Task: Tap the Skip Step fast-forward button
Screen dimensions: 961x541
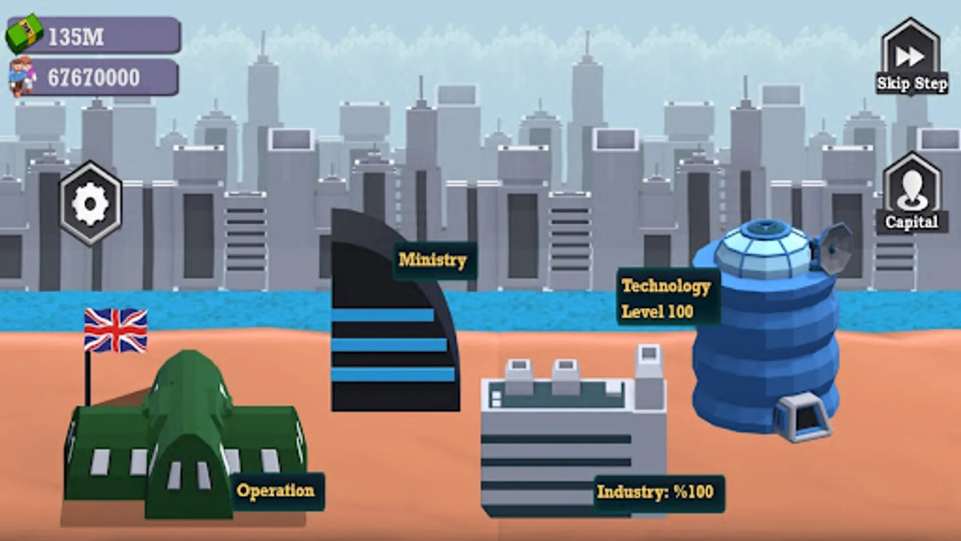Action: point(911,56)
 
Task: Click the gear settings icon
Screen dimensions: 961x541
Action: point(91,204)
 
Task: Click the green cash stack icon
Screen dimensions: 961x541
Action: point(24,34)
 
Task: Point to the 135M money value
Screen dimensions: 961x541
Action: point(76,37)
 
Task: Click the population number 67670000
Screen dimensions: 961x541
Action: point(94,78)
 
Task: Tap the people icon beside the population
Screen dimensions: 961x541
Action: point(22,76)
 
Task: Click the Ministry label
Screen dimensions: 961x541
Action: point(433,260)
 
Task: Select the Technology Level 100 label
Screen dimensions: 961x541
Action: point(666,298)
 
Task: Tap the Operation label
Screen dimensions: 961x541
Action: point(276,491)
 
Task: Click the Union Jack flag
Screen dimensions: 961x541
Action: point(116,330)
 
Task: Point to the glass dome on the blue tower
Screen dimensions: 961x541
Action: point(765,249)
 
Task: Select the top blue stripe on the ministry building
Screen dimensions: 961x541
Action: point(383,315)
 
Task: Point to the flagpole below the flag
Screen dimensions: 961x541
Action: point(88,378)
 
